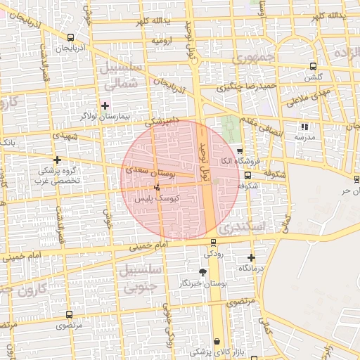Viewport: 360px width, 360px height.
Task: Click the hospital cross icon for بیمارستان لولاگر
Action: (x=105, y=106)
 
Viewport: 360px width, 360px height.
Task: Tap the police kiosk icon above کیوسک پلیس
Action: (x=157, y=187)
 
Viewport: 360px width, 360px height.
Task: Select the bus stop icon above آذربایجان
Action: (x=70, y=38)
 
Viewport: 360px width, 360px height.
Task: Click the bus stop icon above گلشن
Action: (x=311, y=67)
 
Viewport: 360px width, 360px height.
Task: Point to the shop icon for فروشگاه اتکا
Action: (x=240, y=151)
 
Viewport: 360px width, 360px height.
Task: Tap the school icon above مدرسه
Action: (x=304, y=127)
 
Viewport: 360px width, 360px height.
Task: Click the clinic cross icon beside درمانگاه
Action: (x=251, y=257)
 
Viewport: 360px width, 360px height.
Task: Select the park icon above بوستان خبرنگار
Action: (x=203, y=272)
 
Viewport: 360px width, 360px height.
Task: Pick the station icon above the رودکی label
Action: (x=214, y=243)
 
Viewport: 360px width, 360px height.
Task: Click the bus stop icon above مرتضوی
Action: (x=69, y=315)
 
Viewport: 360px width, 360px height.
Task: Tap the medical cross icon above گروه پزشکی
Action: (x=57, y=160)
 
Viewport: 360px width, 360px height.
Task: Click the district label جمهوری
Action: (x=257, y=58)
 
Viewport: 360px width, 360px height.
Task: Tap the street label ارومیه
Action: (x=162, y=41)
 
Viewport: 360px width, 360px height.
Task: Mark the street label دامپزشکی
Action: (x=164, y=122)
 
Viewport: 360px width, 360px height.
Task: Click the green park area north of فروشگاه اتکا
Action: (x=229, y=128)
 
